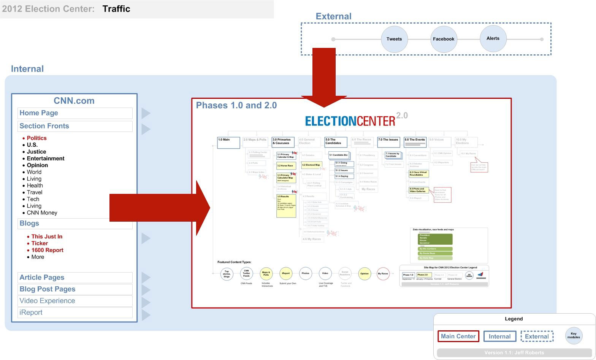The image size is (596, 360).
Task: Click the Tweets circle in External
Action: coord(394,39)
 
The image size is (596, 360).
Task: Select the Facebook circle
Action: coord(444,39)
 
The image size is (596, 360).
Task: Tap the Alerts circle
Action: coord(493,38)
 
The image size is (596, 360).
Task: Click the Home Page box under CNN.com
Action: coord(75,113)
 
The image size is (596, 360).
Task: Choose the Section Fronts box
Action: coord(75,126)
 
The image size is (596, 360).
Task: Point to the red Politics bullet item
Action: coord(36,138)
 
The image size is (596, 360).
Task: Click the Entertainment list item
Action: coord(45,159)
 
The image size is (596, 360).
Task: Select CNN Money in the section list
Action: coord(42,213)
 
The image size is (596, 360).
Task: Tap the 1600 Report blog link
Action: coord(47,250)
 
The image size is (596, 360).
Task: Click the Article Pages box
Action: coord(75,278)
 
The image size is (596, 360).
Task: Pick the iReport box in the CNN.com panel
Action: coord(75,312)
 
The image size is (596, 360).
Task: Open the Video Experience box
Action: coord(75,301)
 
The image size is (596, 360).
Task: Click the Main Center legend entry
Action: coord(458,336)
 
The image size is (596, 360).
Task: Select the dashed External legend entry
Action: coord(537,336)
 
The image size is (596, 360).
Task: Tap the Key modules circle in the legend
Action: coord(574,336)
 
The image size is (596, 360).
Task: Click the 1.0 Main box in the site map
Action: coord(228,143)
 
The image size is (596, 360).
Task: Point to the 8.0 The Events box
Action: coord(415,142)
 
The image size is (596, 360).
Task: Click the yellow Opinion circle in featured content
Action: coord(365,274)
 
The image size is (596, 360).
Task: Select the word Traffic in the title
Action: coord(116,9)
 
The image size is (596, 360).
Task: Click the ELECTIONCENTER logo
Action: coord(350,121)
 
